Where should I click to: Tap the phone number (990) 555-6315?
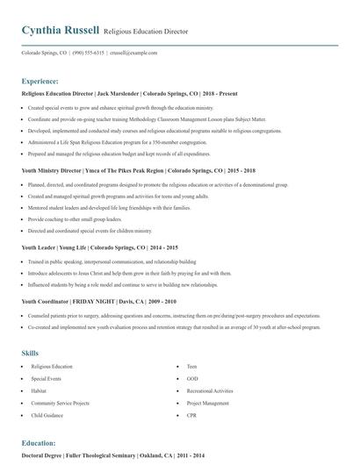click(87, 53)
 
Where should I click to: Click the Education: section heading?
click(39, 443)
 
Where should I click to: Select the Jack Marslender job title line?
click(122, 91)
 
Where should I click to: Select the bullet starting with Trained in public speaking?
click(112, 261)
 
